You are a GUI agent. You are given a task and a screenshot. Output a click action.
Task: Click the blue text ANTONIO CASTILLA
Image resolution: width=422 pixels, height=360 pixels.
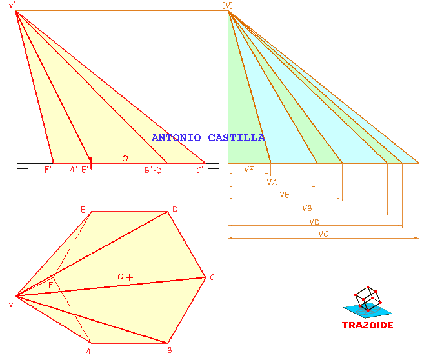tap(208, 138)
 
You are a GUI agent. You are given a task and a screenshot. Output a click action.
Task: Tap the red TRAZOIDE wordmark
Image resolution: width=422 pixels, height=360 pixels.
tap(368, 325)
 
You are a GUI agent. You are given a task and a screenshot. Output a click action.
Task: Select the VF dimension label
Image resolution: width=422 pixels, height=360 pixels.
tap(248, 170)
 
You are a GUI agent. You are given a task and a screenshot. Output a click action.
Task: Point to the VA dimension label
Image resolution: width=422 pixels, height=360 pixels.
tap(272, 183)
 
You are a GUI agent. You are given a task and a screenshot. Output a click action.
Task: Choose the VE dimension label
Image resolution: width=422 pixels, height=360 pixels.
tap(285, 195)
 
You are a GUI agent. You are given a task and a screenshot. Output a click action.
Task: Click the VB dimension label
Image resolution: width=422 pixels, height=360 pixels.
tap(307, 208)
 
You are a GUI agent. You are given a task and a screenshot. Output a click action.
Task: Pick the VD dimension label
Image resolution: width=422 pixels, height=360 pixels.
tap(314, 222)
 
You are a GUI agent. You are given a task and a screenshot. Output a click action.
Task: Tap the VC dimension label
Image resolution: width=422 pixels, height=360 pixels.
tap(323, 234)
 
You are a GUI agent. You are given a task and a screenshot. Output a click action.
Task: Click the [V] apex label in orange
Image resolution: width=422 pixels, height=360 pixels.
tap(227, 5)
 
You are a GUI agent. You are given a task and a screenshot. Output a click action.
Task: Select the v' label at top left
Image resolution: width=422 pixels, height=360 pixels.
tap(12, 5)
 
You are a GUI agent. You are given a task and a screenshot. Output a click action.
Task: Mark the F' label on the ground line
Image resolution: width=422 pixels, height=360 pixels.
tap(48, 170)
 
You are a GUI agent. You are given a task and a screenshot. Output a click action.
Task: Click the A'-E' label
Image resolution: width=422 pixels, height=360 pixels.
tap(79, 170)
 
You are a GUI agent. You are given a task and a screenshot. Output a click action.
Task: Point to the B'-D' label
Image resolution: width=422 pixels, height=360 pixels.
tap(154, 170)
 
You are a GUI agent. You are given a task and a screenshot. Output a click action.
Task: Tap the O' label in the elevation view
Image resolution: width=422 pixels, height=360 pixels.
tap(126, 159)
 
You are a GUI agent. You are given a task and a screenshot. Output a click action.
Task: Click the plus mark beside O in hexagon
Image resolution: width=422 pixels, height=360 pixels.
tap(130, 277)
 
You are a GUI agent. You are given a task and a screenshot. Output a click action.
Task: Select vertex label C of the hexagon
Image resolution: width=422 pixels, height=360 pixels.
tap(212, 277)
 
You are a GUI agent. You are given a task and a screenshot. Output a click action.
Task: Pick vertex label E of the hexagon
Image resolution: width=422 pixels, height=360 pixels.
tap(83, 210)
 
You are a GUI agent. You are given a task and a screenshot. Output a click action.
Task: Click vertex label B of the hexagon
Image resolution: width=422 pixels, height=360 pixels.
tap(170, 350)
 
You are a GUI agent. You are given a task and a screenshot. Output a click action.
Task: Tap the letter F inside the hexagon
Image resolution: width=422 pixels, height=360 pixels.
tap(50, 285)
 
